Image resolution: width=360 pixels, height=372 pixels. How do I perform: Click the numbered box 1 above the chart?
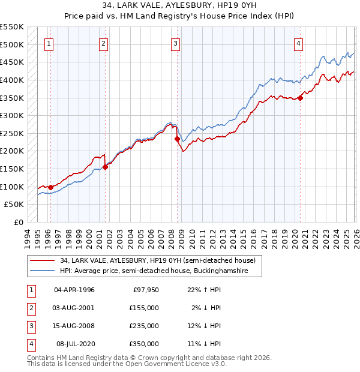(49, 43)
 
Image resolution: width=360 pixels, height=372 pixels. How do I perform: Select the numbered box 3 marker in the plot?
(175, 43)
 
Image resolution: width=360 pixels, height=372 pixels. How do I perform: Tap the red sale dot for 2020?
(301, 98)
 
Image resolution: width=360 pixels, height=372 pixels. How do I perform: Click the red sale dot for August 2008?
(178, 139)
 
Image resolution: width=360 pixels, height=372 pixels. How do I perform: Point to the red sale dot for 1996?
(50, 187)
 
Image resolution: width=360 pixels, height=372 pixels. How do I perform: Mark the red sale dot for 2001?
(105, 167)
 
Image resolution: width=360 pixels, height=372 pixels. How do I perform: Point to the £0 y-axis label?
(19, 223)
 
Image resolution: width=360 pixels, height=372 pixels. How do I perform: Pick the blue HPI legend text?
(161, 271)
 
